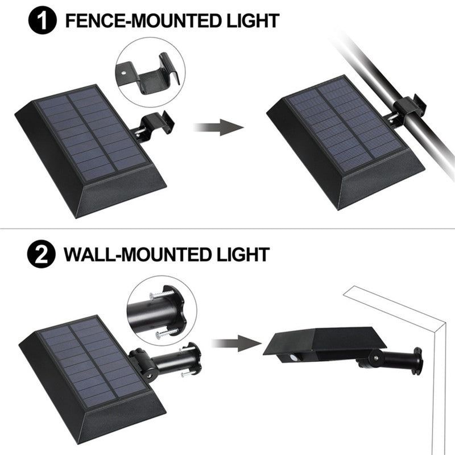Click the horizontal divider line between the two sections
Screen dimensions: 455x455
(x=227, y=229)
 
